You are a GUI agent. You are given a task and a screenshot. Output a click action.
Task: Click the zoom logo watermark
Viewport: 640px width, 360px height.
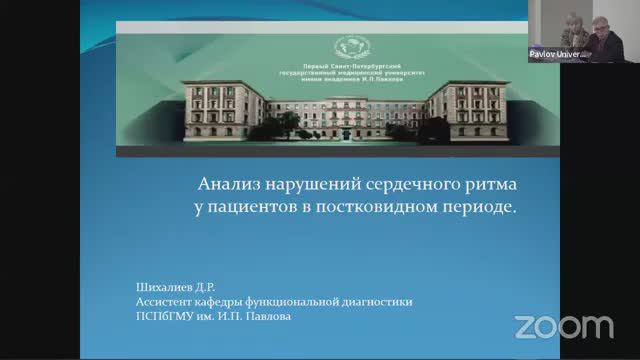point(563,326)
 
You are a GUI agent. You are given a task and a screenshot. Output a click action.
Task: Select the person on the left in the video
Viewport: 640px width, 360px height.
point(567,27)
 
